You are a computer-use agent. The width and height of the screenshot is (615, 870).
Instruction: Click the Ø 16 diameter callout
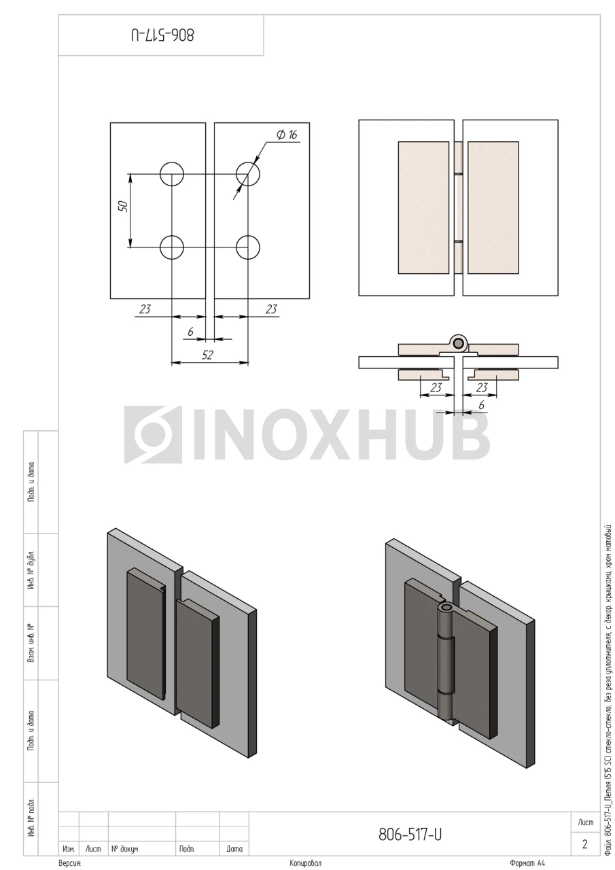[x=287, y=135]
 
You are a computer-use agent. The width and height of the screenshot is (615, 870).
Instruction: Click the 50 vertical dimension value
[x=123, y=206]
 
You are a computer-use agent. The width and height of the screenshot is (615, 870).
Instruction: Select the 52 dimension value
[x=207, y=355]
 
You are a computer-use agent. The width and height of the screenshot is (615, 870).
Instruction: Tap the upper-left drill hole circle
[x=172, y=173]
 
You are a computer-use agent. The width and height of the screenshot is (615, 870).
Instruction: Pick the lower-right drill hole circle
[x=248, y=247]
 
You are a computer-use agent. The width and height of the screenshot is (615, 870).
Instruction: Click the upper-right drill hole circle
[x=248, y=173]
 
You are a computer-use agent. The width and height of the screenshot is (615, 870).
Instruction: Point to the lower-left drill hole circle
[x=172, y=247]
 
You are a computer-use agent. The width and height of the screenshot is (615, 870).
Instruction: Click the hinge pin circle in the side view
[x=459, y=343]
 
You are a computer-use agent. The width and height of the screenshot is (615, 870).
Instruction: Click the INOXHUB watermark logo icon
[x=153, y=434]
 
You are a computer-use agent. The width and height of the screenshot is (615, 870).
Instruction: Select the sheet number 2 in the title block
[x=584, y=843]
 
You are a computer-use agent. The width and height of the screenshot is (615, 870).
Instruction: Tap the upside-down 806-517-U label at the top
[x=162, y=35]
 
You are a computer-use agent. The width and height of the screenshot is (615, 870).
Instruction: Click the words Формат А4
[x=527, y=863]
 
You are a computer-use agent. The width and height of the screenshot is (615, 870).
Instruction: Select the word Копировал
[x=306, y=863]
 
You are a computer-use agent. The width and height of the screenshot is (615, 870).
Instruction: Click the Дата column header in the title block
[x=234, y=849]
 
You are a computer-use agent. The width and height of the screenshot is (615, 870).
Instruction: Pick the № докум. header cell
[x=126, y=849]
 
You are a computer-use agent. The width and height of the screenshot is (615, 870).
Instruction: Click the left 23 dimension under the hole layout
[x=145, y=309]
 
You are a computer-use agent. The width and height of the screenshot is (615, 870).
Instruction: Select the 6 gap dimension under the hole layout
[x=190, y=332]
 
